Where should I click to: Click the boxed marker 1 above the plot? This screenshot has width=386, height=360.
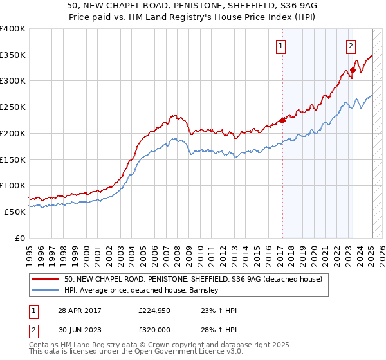click(x=282, y=46)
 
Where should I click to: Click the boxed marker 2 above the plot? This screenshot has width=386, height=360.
click(x=351, y=46)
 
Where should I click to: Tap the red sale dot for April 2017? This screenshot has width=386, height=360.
click(x=282, y=120)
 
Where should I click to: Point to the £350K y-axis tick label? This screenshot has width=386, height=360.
click(x=13, y=55)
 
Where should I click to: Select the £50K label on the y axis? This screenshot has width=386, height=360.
click(x=15, y=212)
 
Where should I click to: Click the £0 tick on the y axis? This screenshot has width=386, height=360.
click(x=20, y=238)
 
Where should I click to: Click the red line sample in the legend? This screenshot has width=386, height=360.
click(x=46, y=279)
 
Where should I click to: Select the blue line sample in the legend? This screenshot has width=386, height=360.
click(x=46, y=290)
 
